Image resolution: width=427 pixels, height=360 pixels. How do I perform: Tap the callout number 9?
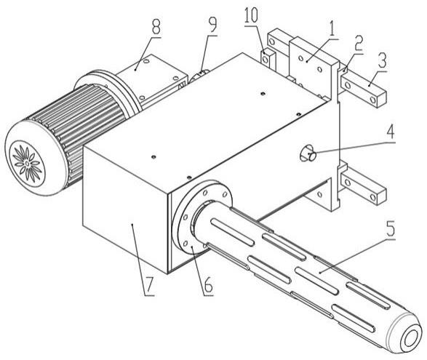click(x=212, y=25)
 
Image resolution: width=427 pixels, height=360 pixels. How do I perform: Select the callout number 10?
click(x=252, y=15)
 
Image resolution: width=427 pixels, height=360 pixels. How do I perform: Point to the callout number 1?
click(x=332, y=28)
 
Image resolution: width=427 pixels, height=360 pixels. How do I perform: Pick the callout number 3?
click(x=382, y=60)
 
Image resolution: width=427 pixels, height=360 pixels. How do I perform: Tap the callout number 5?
click(x=390, y=229)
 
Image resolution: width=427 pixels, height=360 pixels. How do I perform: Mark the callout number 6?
click(x=208, y=285)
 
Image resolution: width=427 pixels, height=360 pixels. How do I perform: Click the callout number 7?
click(x=149, y=287)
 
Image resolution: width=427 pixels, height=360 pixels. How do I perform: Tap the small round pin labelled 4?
click(x=308, y=154)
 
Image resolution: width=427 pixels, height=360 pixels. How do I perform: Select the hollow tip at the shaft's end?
click(x=409, y=340)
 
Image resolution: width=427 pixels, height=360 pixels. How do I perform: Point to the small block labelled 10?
click(x=268, y=57)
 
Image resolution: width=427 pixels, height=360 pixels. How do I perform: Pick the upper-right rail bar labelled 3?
click(x=363, y=89)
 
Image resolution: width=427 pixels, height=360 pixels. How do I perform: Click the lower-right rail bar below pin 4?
click(x=364, y=188)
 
